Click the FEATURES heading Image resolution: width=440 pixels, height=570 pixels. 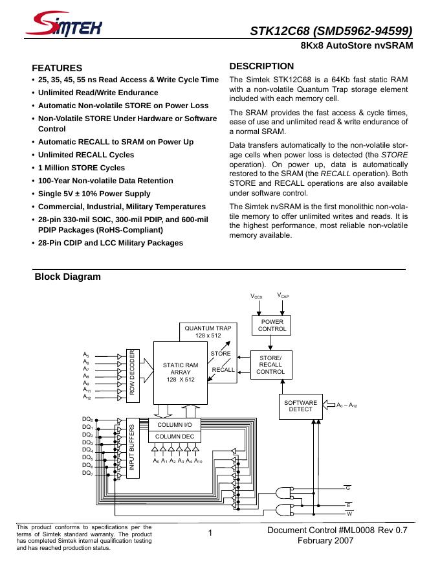coord(57,68)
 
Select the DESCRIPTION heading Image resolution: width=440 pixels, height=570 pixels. coord(261,66)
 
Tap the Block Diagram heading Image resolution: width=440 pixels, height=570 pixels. coord(68,277)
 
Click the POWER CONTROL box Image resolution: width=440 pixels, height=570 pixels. coord(272,325)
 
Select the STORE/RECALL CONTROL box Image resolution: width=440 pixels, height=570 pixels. coord(270,365)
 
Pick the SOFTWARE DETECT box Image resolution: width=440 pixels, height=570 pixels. coord(301,406)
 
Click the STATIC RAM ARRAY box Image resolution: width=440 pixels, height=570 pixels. coord(181,372)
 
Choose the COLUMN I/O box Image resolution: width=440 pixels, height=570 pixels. coord(175,424)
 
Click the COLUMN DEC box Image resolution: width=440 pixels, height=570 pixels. coord(175,437)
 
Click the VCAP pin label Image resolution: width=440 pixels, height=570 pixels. coord(283,295)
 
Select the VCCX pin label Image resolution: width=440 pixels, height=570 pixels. coord(257,296)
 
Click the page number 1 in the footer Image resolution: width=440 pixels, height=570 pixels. coord(211,534)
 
